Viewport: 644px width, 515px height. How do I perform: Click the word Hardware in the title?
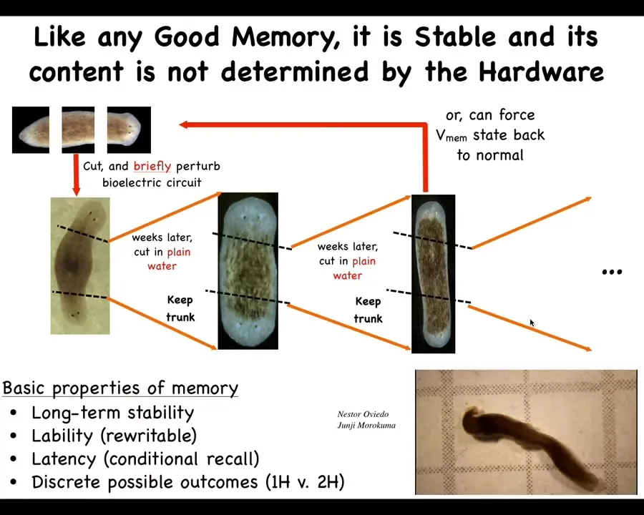(x=541, y=72)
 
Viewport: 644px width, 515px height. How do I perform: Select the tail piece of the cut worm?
(x=31, y=129)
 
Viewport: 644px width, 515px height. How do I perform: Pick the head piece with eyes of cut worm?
(x=129, y=129)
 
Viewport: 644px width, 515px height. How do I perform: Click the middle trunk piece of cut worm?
(x=78, y=129)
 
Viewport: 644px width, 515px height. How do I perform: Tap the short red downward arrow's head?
(x=76, y=190)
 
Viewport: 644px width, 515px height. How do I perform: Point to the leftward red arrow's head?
(x=184, y=124)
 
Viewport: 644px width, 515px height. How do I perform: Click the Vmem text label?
(x=452, y=135)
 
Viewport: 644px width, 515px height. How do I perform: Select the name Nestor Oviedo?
(x=363, y=414)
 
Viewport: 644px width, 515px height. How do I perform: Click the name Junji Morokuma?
(x=366, y=425)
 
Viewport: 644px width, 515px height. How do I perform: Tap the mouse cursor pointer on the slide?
(x=532, y=323)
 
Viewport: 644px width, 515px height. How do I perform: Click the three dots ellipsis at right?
(x=612, y=272)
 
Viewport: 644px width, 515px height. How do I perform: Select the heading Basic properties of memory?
(x=120, y=388)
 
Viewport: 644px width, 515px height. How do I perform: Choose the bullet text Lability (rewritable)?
(x=114, y=436)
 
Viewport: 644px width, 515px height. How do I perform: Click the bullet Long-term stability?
(x=112, y=412)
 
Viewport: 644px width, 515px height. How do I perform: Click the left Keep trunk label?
(x=180, y=308)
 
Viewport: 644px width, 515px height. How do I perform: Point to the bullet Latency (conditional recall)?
(x=145, y=458)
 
